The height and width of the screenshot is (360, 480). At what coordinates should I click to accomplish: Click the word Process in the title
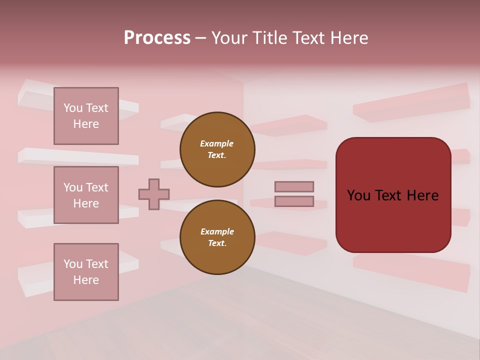pyautogui.click(x=157, y=38)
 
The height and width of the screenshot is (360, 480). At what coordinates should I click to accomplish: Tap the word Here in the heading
pyautogui.click(x=348, y=38)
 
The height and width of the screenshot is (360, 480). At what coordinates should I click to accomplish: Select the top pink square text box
pyautogui.click(x=86, y=116)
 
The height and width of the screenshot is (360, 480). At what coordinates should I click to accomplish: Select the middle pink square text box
pyautogui.click(x=86, y=195)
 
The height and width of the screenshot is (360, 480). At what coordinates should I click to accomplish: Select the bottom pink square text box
pyautogui.click(x=86, y=272)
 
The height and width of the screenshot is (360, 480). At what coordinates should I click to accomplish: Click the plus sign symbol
pyautogui.click(x=154, y=194)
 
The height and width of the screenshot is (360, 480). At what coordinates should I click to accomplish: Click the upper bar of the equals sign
pyautogui.click(x=294, y=186)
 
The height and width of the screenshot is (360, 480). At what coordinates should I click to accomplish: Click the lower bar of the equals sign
pyautogui.click(x=294, y=201)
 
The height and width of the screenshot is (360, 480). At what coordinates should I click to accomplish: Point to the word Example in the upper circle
pyautogui.click(x=216, y=143)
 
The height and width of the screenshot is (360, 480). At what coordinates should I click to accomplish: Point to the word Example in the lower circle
pyautogui.click(x=217, y=231)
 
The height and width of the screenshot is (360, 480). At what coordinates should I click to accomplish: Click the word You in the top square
pyautogui.click(x=73, y=108)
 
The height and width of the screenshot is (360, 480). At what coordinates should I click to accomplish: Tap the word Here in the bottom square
pyautogui.click(x=86, y=280)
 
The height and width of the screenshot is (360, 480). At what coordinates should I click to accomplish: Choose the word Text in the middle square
pyautogui.click(x=97, y=187)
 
